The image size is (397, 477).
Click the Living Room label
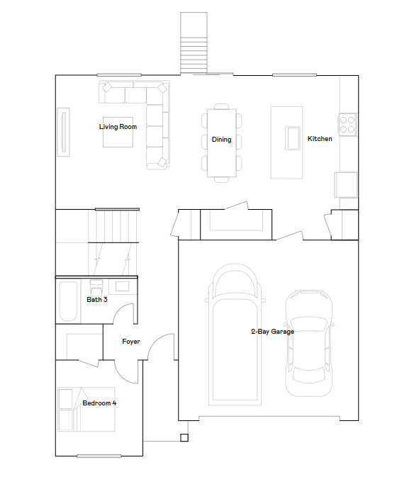pos(118,127)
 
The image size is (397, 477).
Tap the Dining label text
pos(221,140)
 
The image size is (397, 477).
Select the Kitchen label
pos(319,139)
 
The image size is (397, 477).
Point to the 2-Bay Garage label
pos(272,331)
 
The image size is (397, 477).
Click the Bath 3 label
pos(97,300)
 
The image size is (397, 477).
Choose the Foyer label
pos(130,342)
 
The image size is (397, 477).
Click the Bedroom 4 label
pos(99,403)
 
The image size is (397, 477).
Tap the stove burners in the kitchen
pos(347,125)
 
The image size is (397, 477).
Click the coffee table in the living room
pos(118,132)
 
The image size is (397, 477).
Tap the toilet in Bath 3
pos(96,286)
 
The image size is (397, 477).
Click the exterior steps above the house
pos(193,43)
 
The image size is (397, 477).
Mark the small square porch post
pos(184,437)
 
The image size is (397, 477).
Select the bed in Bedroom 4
pos(86,409)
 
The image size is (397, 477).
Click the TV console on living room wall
pos(65,131)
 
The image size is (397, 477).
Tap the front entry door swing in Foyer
pos(164,349)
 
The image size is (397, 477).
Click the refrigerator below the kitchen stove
pos(347,185)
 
